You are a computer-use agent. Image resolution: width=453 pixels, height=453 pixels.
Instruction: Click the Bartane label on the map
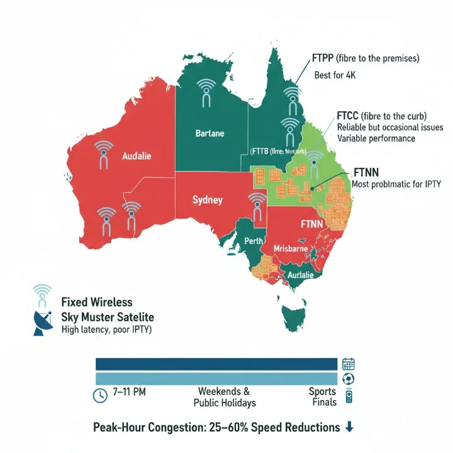[x=210, y=133]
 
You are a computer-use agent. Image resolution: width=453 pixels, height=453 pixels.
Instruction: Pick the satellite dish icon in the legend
[x=43, y=320]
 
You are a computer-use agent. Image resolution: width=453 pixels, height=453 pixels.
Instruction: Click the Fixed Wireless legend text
[x=97, y=303]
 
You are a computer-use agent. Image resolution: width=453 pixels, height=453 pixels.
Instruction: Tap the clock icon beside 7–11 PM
[x=99, y=395]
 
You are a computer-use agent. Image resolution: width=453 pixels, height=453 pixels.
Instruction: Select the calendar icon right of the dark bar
[x=348, y=364]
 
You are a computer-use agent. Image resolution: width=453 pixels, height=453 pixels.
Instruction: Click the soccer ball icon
[x=348, y=379]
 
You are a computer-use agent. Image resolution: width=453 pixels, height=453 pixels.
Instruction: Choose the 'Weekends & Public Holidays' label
[x=225, y=396]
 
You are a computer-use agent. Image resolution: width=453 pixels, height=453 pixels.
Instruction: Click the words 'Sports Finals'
[x=322, y=396]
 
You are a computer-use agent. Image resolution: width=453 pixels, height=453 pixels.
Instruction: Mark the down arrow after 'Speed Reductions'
[x=351, y=427]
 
